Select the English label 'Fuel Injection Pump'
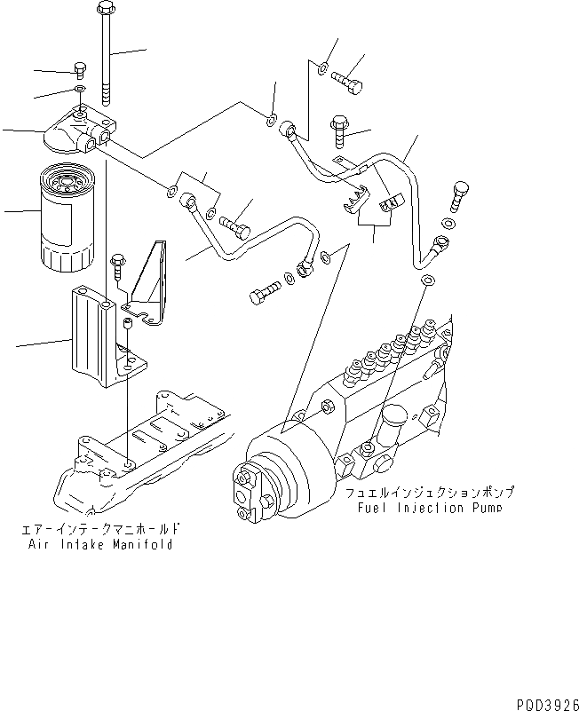pyautogui.click(x=430, y=508)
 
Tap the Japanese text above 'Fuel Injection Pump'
pyautogui.click(x=432, y=492)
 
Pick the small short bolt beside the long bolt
pyautogui.click(x=79, y=69)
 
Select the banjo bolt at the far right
pyautogui.click(x=460, y=194)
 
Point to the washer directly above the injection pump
pyautogui.click(x=427, y=281)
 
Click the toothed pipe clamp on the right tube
pyautogui.click(x=358, y=201)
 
